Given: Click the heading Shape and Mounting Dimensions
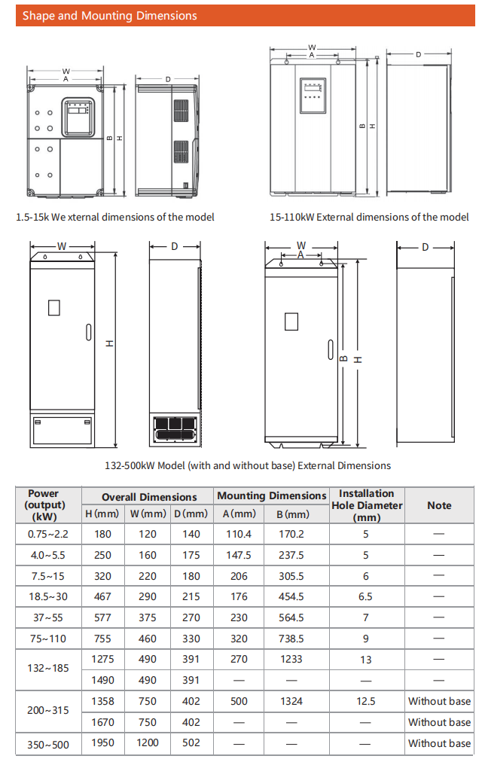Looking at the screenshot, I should click(110, 16).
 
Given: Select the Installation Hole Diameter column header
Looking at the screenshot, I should click(366, 505).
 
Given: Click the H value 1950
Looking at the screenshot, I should click(103, 743).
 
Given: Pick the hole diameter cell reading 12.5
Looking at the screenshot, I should click(366, 701).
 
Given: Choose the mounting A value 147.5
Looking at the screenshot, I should click(238, 555).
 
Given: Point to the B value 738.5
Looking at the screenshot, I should click(291, 639).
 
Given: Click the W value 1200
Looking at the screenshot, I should click(148, 743).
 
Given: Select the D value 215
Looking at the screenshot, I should click(191, 596).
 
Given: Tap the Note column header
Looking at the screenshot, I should click(439, 505).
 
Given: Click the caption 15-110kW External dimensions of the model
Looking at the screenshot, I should click(369, 217).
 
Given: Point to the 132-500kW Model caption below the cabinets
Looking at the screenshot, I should click(248, 465).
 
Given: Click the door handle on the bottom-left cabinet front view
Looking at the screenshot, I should click(87, 332).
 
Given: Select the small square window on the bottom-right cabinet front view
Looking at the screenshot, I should click(291, 321).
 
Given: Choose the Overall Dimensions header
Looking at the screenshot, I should click(149, 497).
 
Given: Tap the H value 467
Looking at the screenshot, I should click(103, 596).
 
